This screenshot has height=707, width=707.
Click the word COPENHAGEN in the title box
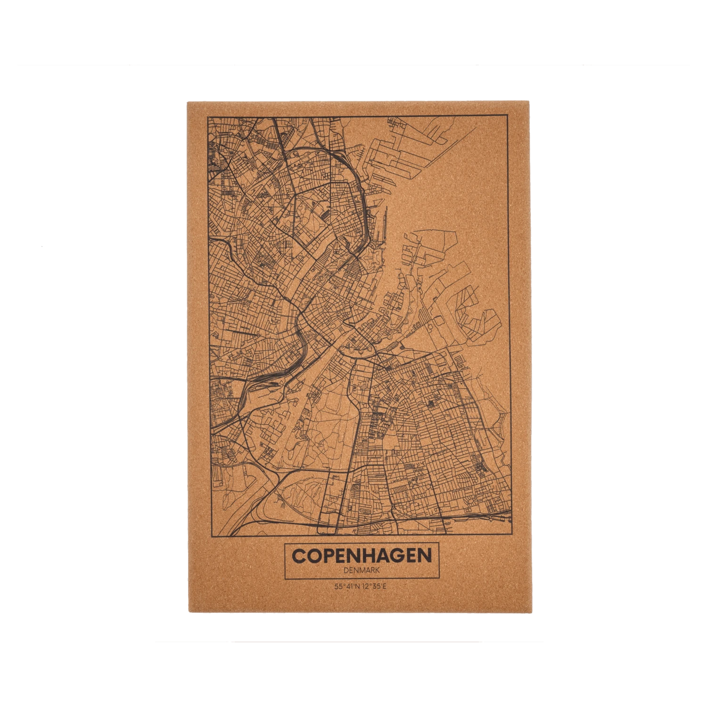point(362,555)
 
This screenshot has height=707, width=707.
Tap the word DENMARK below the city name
point(362,570)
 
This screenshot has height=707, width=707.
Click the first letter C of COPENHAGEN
point(299,555)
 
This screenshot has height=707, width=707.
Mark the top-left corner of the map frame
point(208,115)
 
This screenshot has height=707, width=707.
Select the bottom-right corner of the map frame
point(512,534)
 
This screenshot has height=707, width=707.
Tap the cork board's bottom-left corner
point(186,613)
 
